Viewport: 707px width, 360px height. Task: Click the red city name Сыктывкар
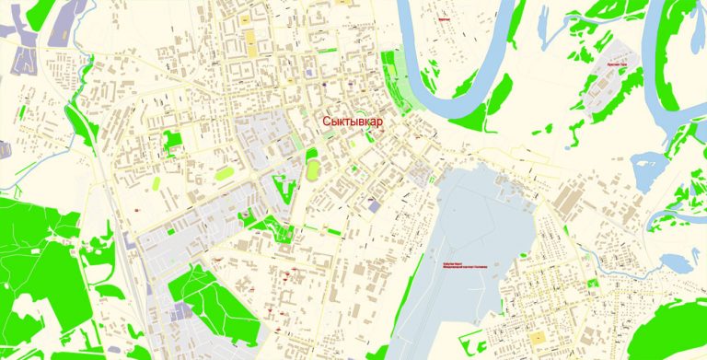click(x=352, y=122)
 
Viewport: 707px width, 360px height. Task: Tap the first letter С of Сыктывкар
click(x=325, y=122)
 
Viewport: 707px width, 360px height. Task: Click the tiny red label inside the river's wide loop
click(x=444, y=17)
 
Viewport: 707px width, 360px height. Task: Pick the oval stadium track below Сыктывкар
click(x=314, y=167)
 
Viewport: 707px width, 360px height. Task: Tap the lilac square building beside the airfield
click(x=373, y=206)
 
